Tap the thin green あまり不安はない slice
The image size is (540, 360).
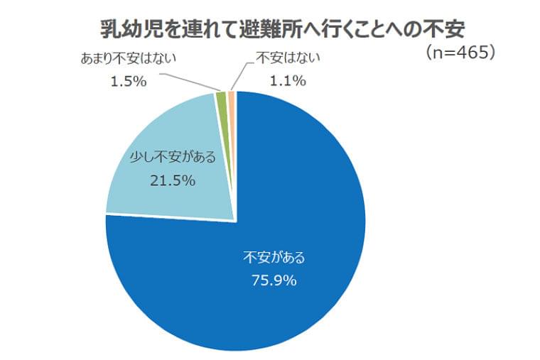pos(222,107)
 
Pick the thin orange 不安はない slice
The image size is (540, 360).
pos(232,107)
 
